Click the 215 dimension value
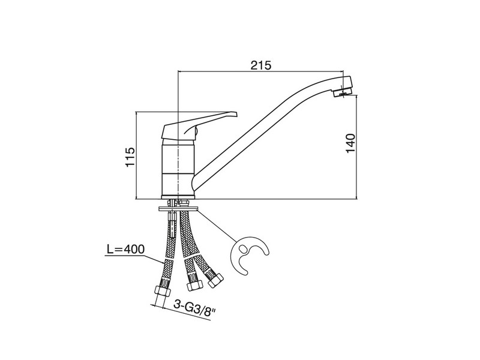coord(261,65)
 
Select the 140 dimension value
coord(350,143)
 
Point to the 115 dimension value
coord(130,157)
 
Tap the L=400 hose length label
coord(125,250)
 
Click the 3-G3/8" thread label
coord(194,305)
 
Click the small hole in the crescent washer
coord(244,248)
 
